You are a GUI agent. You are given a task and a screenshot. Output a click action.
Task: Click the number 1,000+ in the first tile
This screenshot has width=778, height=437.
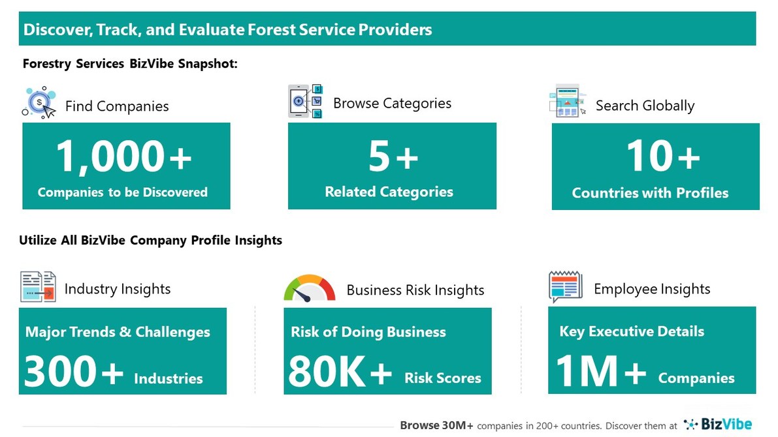point(124,157)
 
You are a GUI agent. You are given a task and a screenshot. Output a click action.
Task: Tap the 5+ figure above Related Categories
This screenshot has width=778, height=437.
point(393,157)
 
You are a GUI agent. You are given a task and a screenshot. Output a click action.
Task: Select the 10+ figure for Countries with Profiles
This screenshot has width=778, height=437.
point(662,157)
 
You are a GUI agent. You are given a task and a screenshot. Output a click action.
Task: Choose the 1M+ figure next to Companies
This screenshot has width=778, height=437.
point(600,371)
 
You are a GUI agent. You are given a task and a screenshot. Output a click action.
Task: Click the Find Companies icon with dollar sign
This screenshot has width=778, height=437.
point(40,102)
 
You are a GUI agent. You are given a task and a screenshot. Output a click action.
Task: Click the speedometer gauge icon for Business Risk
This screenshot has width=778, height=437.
point(309,288)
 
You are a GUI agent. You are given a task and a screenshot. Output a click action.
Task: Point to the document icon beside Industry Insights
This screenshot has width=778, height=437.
point(38,287)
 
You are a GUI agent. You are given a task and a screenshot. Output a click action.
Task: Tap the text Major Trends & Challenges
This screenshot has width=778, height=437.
point(118,332)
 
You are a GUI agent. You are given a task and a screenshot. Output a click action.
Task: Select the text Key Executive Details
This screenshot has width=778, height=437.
point(632,331)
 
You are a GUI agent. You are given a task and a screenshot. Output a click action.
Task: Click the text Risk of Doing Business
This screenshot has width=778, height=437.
point(368,332)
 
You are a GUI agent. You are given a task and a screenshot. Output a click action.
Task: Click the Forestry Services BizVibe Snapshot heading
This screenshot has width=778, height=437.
point(130,64)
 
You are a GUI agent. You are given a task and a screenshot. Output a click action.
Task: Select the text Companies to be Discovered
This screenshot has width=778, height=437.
point(123,192)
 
